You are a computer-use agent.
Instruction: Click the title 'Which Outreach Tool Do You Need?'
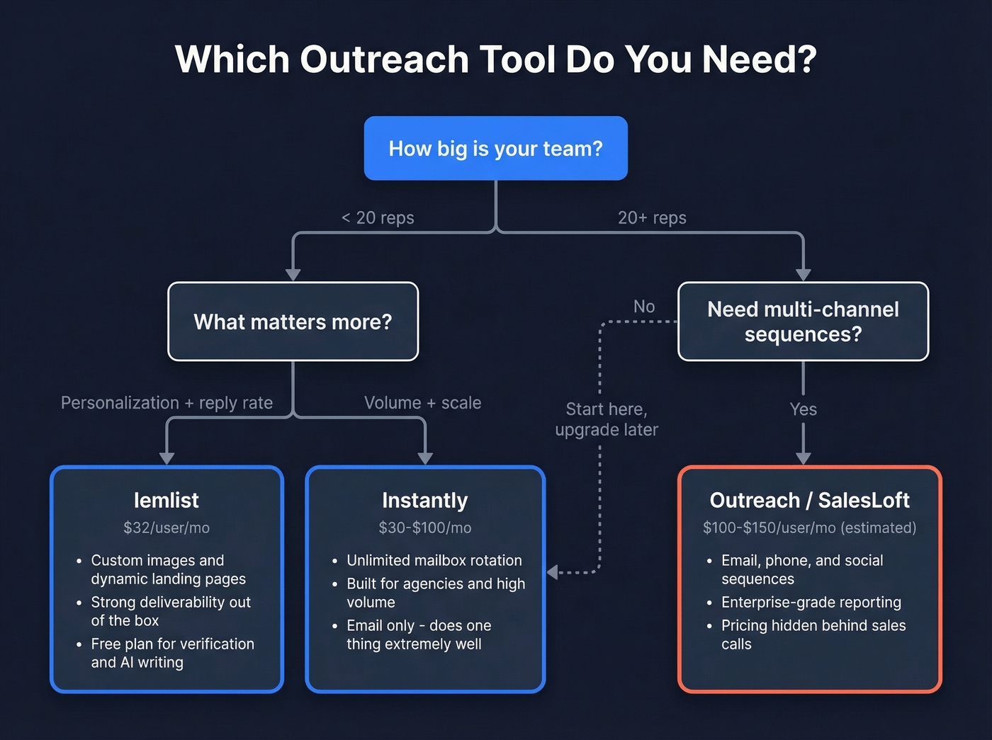pyautogui.click(x=495, y=59)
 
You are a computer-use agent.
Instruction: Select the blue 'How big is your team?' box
pyautogui.click(x=495, y=149)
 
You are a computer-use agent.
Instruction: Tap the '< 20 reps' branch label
pyautogui.click(x=378, y=218)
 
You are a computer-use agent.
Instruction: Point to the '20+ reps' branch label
pyautogui.click(x=652, y=218)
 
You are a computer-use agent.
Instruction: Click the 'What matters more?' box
pyautogui.click(x=293, y=322)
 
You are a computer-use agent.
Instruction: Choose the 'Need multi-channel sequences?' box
pyautogui.click(x=803, y=321)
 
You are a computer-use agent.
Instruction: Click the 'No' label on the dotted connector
pyautogui.click(x=644, y=307)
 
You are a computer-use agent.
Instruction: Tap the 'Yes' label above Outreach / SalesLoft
pyautogui.click(x=803, y=409)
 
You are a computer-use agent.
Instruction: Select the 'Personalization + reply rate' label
pyautogui.click(x=167, y=403)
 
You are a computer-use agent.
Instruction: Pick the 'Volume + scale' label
pyautogui.click(x=422, y=403)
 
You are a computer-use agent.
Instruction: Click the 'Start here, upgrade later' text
pyautogui.click(x=607, y=419)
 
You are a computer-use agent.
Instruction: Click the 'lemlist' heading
pyautogui.click(x=167, y=501)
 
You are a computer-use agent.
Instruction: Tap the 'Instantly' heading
pyautogui.click(x=424, y=501)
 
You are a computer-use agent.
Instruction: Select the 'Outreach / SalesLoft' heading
pyautogui.click(x=809, y=501)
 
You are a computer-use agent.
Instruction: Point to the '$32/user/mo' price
pyautogui.click(x=167, y=528)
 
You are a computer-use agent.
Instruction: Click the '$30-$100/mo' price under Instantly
pyautogui.click(x=424, y=528)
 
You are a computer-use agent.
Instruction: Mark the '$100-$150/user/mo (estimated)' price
pyautogui.click(x=809, y=528)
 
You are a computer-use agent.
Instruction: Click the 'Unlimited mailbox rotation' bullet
pyautogui.click(x=434, y=561)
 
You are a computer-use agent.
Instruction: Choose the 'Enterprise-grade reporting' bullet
pyautogui.click(x=811, y=603)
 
